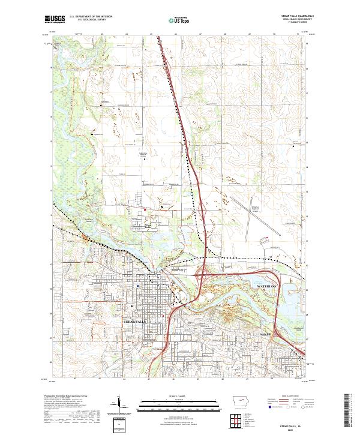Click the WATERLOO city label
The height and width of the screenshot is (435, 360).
pos(269,289)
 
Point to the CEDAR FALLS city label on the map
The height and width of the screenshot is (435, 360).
pos(134,322)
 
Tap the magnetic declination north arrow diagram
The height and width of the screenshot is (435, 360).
pos(119,406)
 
